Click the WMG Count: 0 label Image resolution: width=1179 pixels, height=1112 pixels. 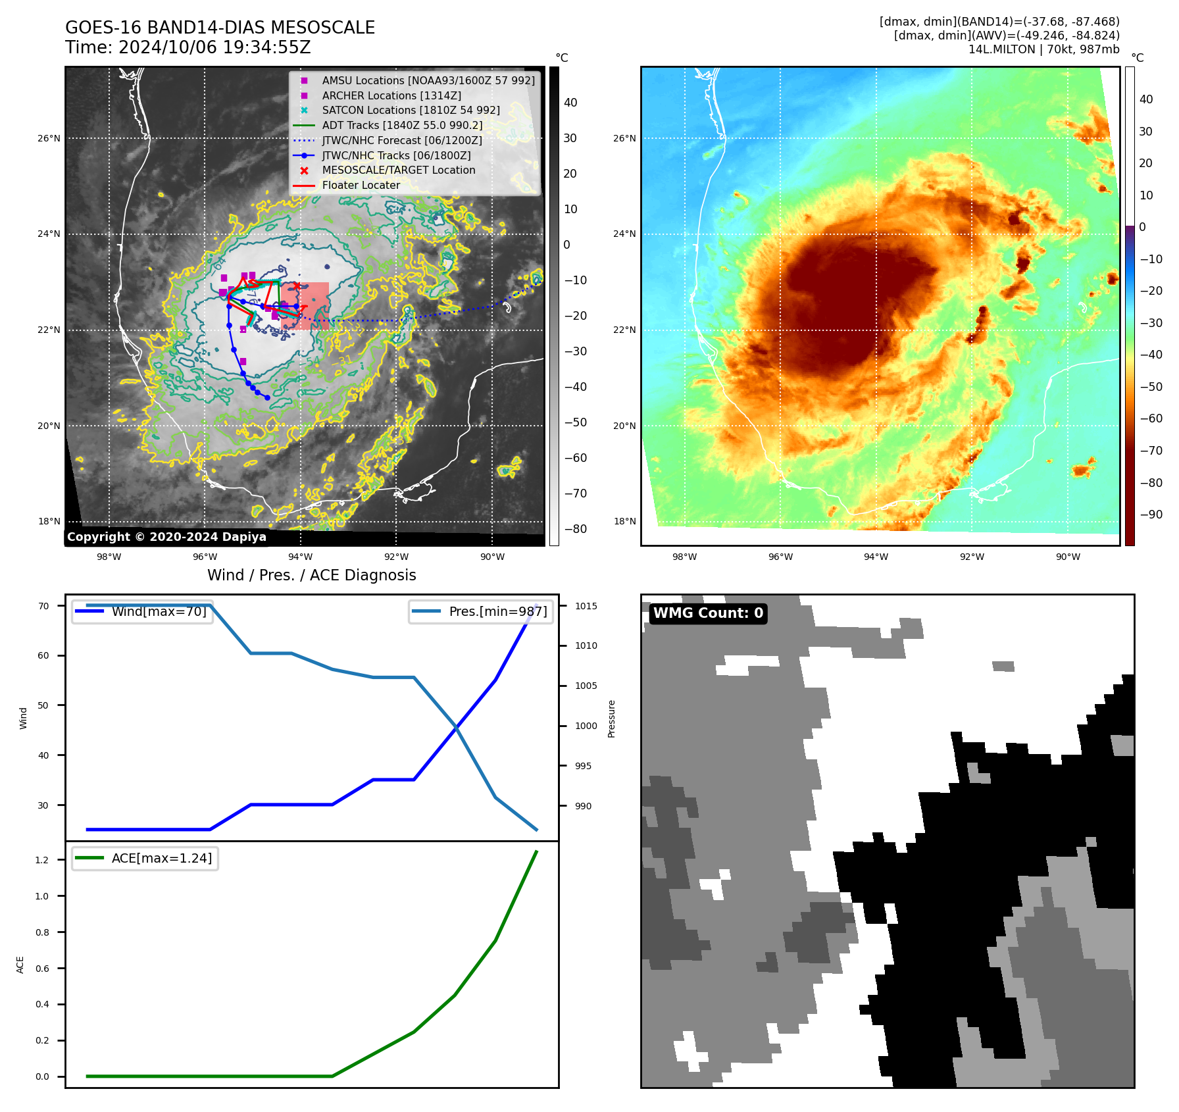tap(708, 613)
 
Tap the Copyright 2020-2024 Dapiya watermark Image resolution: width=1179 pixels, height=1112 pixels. tap(166, 537)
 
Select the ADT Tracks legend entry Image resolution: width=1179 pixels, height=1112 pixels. tap(401, 125)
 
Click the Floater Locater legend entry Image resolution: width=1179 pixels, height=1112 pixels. tap(361, 185)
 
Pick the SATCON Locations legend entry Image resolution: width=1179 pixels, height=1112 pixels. tap(411, 110)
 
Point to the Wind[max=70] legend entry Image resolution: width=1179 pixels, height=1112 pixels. tap(159, 611)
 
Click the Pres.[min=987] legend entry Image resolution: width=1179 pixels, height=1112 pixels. tap(497, 611)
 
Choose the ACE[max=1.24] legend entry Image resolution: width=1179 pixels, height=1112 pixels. tap(161, 858)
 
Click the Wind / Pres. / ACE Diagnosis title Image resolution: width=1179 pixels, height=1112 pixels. tap(311, 575)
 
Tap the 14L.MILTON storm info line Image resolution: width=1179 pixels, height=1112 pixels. tap(1043, 49)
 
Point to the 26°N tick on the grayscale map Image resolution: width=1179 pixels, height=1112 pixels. tap(49, 138)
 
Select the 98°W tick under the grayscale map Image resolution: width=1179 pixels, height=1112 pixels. tap(109, 557)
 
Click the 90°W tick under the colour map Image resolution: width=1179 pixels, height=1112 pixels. tap(1068, 557)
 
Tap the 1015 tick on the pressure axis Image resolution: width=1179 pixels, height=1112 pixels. tap(586, 606)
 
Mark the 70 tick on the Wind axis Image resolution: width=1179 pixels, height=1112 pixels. tap(43, 606)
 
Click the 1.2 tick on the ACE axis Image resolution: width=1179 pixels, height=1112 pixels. tap(42, 860)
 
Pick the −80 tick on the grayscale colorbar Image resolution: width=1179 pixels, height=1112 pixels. tap(575, 529)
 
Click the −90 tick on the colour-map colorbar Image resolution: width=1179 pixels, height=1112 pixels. tap(1151, 515)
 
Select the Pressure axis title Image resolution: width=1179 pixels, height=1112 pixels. tap(611, 718)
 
